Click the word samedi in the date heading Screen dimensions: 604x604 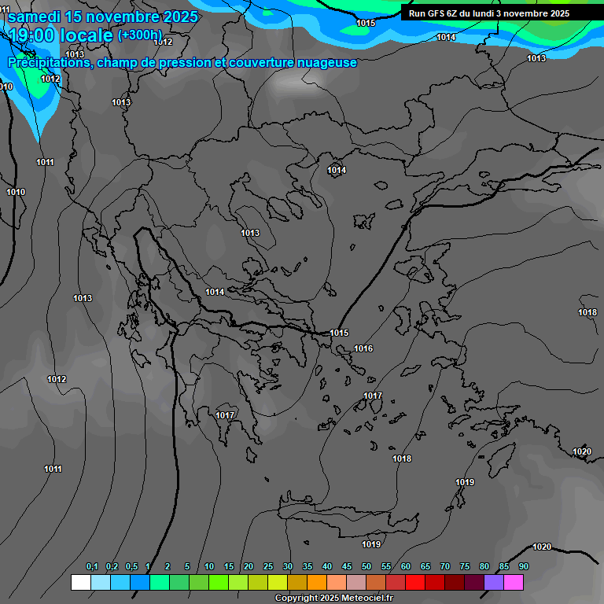[35, 17]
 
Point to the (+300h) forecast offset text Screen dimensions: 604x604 [139, 35]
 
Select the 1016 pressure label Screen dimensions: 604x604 [363, 348]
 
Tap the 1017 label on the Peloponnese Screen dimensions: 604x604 [226, 415]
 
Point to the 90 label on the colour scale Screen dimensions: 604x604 [524, 566]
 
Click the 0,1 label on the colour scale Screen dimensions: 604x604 [92, 566]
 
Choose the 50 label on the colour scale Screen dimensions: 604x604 [366, 566]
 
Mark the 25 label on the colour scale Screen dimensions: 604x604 [268, 566]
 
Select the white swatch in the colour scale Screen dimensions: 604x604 [80, 582]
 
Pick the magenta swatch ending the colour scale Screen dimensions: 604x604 [514, 582]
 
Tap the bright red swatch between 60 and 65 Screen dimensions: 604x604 [415, 582]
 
